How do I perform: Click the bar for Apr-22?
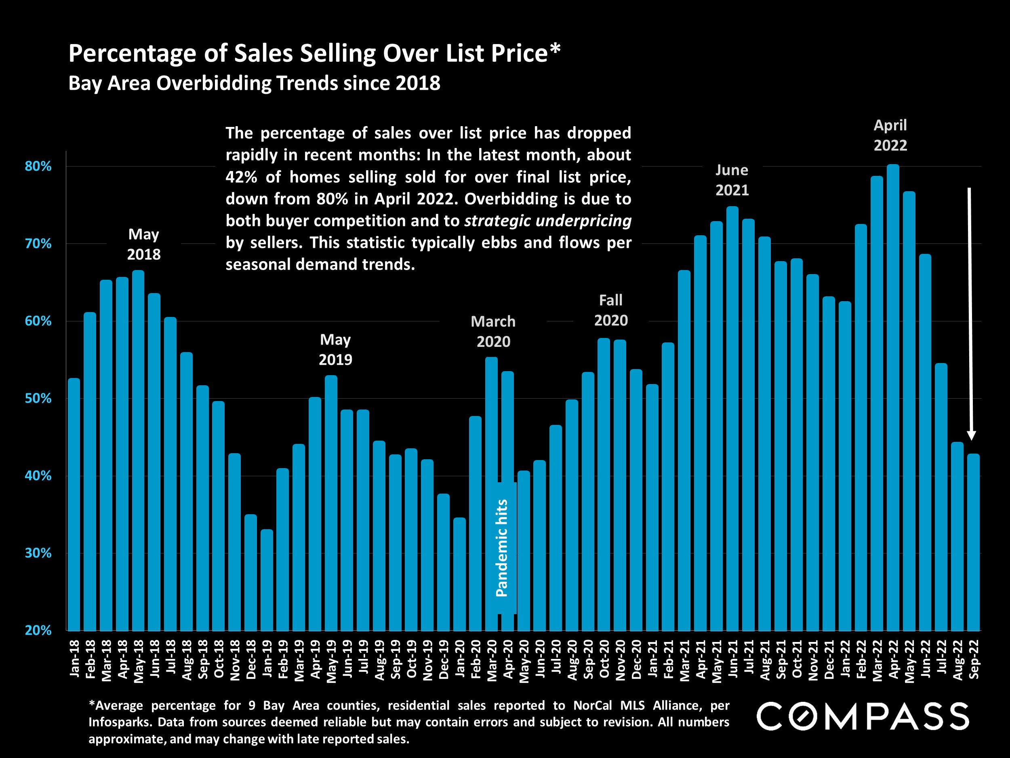pyautogui.click(x=893, y=397)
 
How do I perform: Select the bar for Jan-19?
pyautogui.click(x=267, y=580)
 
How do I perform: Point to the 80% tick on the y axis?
pyautogui.click(x=38, y=166)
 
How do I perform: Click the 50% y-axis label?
pyautogui.click(x=38, y=399)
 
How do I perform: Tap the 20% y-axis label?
pyautogui.click(x=38, y=631)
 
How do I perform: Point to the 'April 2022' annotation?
pyautogui.click(x=890, y=135)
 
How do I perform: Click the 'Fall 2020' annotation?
pyautogui.click(x=610, y=310)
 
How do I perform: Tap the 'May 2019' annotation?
pyautogui.click(x=335, y=350)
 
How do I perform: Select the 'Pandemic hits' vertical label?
pyautogui.click(x=501, y=548)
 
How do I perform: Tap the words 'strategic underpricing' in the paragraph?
pyautogui.click(x=547, y=221)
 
